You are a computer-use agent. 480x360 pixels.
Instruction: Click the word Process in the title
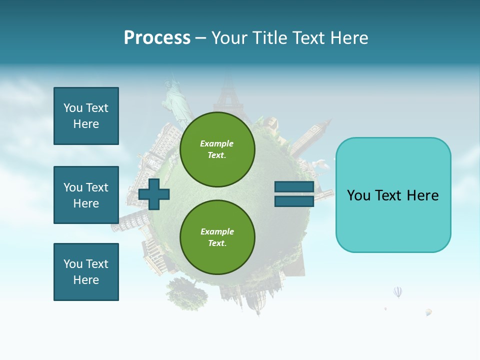157,38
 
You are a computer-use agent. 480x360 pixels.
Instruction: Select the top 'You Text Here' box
86,116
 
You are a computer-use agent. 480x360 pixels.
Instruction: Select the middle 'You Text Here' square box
86,195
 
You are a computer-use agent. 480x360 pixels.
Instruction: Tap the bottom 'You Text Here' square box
86,272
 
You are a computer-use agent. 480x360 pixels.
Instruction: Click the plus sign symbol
154,194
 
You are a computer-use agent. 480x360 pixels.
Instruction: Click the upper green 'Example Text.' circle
217,149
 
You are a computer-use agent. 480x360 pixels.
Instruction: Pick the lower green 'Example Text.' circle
217,237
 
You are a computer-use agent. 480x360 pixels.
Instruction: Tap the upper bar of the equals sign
294,187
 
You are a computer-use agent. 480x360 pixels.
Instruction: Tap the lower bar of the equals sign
294,201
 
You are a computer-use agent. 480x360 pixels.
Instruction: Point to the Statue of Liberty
176,100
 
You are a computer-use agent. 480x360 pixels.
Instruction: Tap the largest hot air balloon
397,291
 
